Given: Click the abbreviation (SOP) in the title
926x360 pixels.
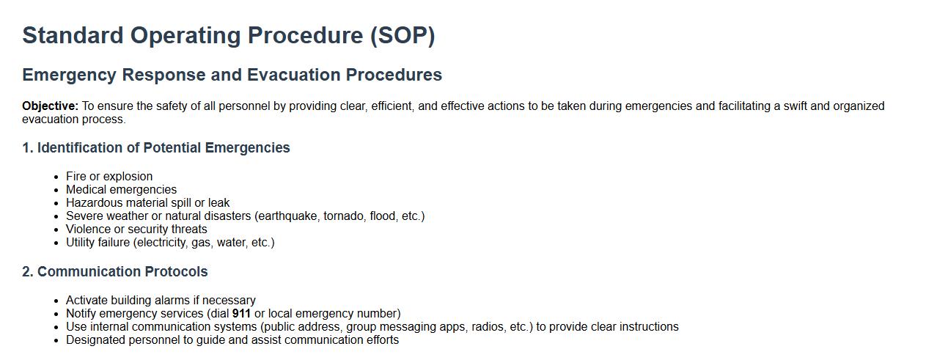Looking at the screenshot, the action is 403,35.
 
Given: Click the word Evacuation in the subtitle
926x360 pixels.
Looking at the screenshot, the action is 294,75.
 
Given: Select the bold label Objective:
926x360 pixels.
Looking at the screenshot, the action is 50,106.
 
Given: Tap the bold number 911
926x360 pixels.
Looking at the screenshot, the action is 241,313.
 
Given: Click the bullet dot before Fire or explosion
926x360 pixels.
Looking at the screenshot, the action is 56,177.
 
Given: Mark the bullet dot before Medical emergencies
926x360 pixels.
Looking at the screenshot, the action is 56,191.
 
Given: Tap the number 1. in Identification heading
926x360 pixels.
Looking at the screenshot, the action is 28,147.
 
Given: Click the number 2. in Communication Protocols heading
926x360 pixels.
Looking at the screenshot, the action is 28,271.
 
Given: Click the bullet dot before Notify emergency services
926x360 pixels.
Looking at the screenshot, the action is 56,315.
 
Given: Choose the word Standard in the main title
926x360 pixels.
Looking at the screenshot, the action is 73,35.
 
